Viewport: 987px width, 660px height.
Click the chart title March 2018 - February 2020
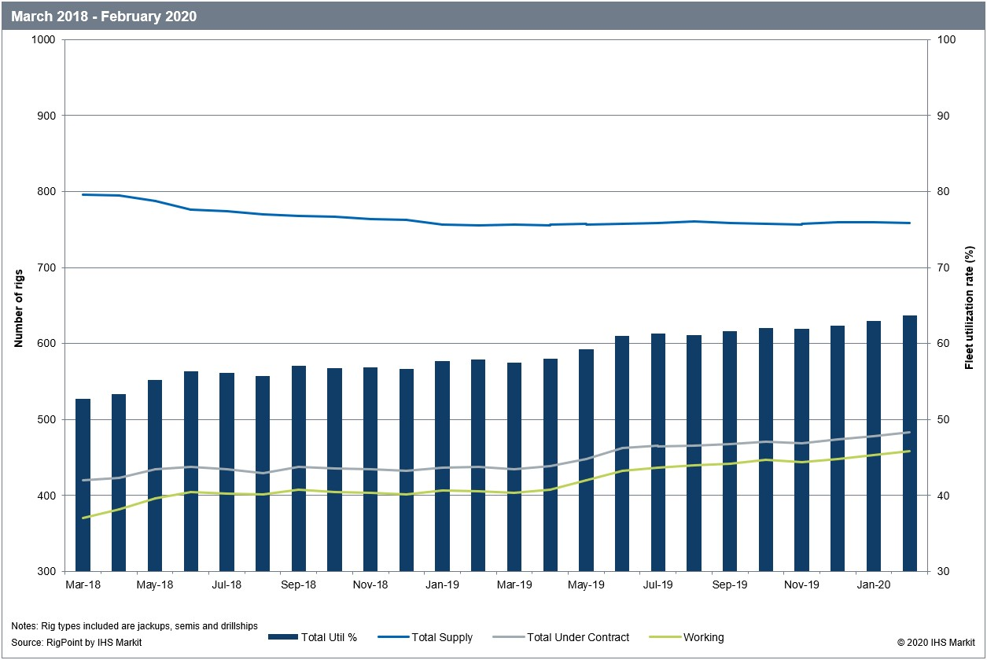pyautogui.click(x=104, y=16)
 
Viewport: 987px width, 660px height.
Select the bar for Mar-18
pyautogui.click(x=83, y=485)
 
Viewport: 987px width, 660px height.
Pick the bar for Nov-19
pyautogui.click(x=801, y=450)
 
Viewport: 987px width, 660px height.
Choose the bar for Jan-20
pyautogui.click(x=874, y=446)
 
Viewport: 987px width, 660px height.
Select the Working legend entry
pyautogui.click(x=703, y=637)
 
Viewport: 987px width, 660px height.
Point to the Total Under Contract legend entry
pyautogui.click(x=577, y=637)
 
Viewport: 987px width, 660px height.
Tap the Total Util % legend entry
pyautogui.click(x=328, y=637)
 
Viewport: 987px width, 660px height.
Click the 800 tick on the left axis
pyautogui.click(x=46, y=192)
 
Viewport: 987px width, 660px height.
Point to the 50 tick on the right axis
pyautogui.click(x=942, y=420)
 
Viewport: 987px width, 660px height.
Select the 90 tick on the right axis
pyautogui.click(x=942, y=116)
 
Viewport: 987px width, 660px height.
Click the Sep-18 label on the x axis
pyautogui.click(x=298, y=585)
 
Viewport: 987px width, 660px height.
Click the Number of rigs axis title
pyautogui.click(x=18, y=306)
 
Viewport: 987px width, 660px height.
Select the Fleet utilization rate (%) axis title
pyautogui.click(x=970, y=306)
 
